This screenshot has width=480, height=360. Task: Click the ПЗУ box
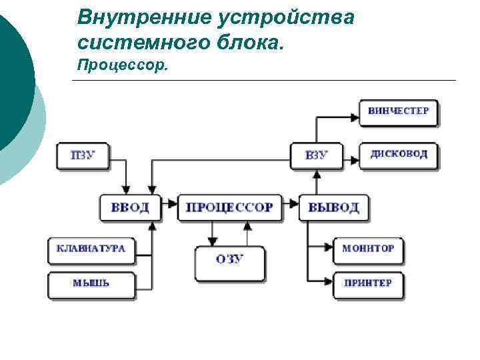point(83,156)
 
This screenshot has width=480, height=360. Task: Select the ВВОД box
point(131,207)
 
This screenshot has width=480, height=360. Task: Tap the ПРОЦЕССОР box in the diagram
point(229,207)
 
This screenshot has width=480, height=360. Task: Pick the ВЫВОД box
point(333,207)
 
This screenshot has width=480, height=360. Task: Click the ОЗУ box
point(229,259)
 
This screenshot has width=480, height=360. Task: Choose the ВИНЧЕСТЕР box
point(399,111)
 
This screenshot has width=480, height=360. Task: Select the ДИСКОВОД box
point(399,155)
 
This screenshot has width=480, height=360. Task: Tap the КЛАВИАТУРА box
point(91,249)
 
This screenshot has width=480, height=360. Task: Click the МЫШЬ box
point(91,283)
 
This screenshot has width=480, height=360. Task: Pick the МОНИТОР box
point(368,249)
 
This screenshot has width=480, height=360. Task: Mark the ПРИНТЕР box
point(368,283)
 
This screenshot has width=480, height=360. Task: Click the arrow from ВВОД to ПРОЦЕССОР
point(170,203)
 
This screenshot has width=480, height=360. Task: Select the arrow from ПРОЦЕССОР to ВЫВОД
point(291,203)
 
